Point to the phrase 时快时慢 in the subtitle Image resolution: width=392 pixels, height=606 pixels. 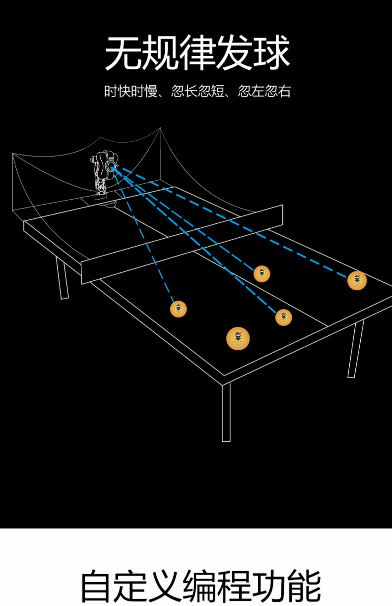tap(131, 91)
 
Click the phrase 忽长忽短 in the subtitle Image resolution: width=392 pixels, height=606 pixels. tap(198, 91)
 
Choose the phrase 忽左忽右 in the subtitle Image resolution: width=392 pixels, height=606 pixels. tap(264, 91)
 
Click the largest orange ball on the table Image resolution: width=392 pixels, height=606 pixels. tap(238, 338)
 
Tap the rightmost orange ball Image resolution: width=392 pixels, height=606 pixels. tap(357, 280)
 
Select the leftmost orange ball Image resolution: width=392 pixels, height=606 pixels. tap(178, 309)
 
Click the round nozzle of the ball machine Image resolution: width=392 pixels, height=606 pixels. tap(110, 166)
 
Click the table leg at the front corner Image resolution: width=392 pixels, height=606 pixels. tap(226, 412)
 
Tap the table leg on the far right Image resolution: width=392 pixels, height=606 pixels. tap(355, 348)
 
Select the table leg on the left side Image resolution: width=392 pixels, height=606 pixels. tap(62, 278)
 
